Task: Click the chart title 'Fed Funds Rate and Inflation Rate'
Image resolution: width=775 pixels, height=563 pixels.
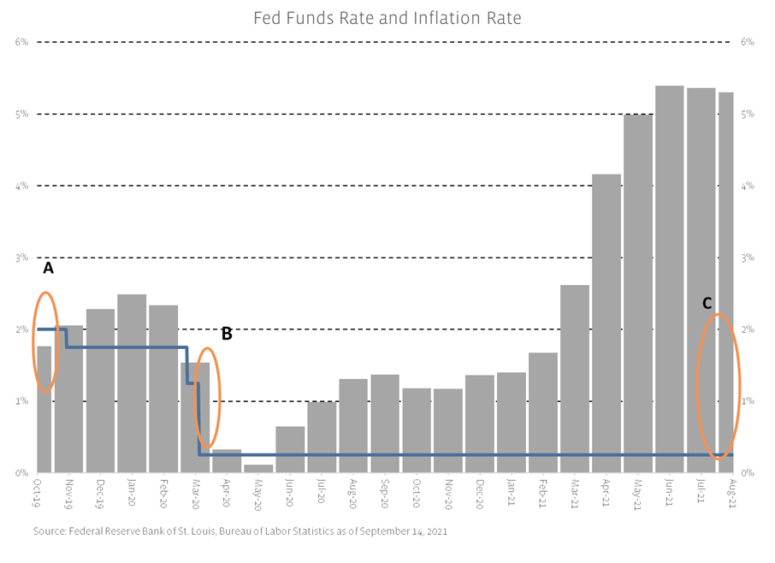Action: point(387,17)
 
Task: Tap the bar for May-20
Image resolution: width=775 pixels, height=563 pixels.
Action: point(258,468)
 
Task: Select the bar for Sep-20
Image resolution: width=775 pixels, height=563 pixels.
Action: point(385,423)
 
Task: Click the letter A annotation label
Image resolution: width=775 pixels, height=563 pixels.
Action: point(48,268)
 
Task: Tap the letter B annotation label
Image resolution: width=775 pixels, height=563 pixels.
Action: point(227,334)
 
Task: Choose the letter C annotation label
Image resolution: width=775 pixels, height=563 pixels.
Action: point(707,303)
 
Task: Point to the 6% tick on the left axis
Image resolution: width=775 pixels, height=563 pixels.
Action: point(21,42)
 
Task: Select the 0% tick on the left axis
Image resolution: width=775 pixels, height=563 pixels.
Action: point(21,472)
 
